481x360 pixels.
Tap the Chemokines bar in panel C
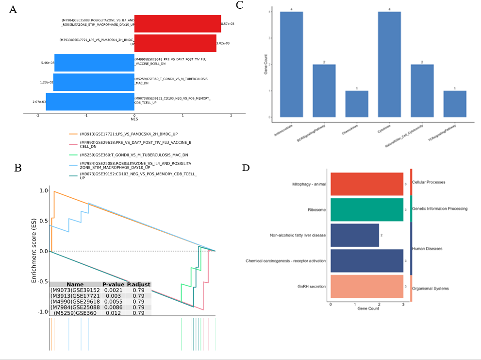click(357, 104)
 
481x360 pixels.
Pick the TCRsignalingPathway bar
click(455, 104)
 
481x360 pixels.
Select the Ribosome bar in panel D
click(366, 209)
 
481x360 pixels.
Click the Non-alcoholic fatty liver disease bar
click(354, 235)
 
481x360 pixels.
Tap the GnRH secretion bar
click(366, 287)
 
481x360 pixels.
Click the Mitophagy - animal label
click(309, 184)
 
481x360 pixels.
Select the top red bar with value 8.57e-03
click(177, 23)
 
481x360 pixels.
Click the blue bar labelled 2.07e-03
click(90, 102)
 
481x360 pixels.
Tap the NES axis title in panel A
click(134, 119)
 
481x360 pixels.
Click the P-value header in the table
click(113, 285)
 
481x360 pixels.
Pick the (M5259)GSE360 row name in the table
click(75, 313)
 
